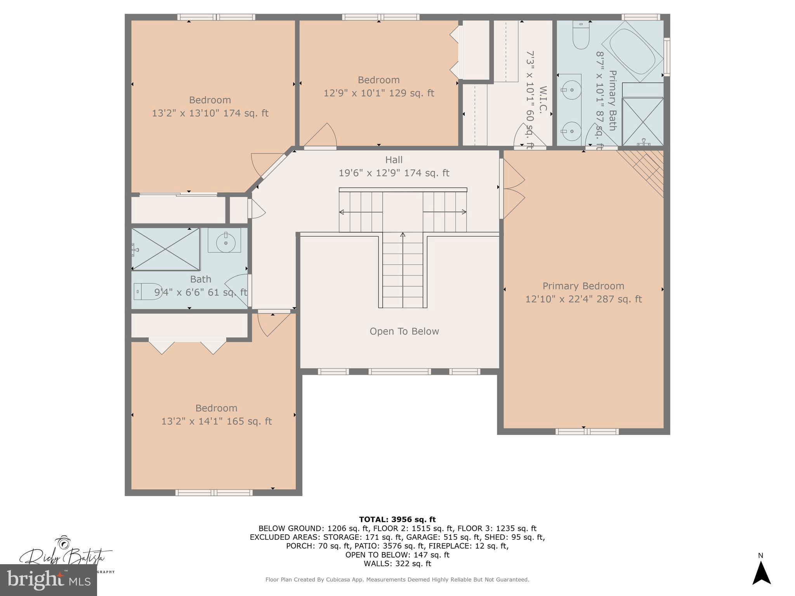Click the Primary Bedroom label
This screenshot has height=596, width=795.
tap(583, 286)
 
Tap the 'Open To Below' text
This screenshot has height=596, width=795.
tap(404, 331)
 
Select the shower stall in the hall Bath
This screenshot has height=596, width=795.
tap(166, 249)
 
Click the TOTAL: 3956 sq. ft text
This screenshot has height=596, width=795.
tap(397, 520)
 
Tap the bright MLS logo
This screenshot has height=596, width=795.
tap(49, 580)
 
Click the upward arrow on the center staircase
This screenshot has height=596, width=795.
tap(403, 235)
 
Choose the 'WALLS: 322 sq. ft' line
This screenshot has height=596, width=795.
tap(397, 563)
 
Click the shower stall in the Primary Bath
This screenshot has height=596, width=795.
tap(642, 122)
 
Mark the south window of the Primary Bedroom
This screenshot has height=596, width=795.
tap(587, 431)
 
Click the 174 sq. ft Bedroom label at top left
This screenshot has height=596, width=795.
tap(210, 100)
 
